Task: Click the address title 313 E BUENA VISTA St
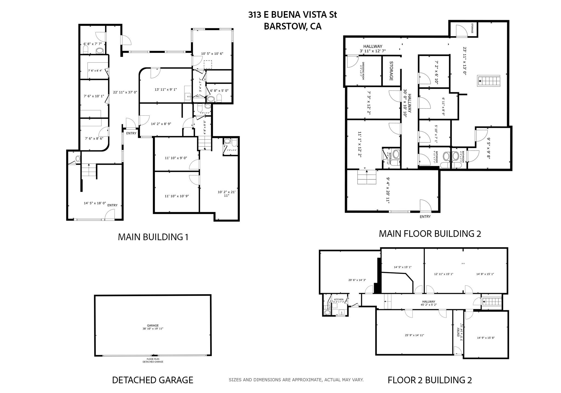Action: [x=292, y=15]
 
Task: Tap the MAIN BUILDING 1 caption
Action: [x=153, y=237]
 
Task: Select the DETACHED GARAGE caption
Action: [x=153, y=380]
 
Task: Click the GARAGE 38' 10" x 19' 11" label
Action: [x=153, y=327]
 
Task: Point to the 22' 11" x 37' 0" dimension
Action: [x=125, y=92]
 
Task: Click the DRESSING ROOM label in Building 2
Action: [x=363, y=71]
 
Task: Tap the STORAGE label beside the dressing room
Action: [x=391, y=71]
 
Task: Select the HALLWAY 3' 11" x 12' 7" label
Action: [x=373, y=49]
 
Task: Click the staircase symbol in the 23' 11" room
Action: [x=489, y=81]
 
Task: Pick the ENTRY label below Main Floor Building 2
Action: [x=425, y=217]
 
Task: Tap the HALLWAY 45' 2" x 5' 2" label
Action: [x=428, y=303]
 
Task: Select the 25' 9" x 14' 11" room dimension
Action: [x=414, y=335]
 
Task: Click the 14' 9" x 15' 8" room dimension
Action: [x=486, y=338]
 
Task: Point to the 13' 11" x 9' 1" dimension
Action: [x=165, y=89]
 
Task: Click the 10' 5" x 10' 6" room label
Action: [x=212, y=54]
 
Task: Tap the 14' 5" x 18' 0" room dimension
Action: [x=95, y=203]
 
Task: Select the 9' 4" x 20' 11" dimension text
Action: [x=388, y=190]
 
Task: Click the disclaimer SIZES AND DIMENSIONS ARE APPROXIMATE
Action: [x=296, y=380]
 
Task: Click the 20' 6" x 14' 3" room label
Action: [x=357, y=280]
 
